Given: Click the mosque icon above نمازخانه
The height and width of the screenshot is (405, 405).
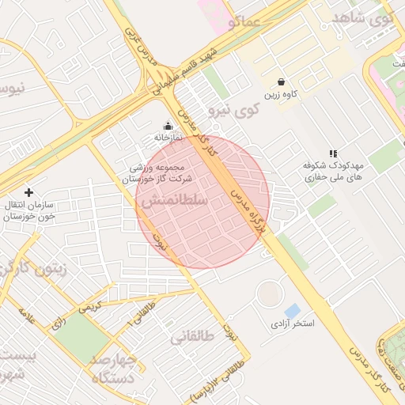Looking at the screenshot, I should tap(167, 126).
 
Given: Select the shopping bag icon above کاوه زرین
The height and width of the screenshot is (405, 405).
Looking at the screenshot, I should tap(282, 81).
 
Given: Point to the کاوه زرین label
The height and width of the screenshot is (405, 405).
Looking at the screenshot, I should tap(282, 94).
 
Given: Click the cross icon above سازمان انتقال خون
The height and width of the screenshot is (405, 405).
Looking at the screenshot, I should tap(29, 192).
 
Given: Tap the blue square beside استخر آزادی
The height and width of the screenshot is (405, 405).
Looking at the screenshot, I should tap(292, 311).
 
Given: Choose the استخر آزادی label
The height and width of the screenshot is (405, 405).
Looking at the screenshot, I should tap(293, 324).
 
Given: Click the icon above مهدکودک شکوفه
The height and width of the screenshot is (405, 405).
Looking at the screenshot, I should tap(333, 153).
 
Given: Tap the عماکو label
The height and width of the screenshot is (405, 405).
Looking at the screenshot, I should tap(244, 22).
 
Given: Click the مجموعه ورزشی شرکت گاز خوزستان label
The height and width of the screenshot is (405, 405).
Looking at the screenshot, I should tap(161, 174).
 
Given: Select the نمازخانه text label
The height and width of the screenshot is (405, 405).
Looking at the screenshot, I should tap(168, 138).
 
